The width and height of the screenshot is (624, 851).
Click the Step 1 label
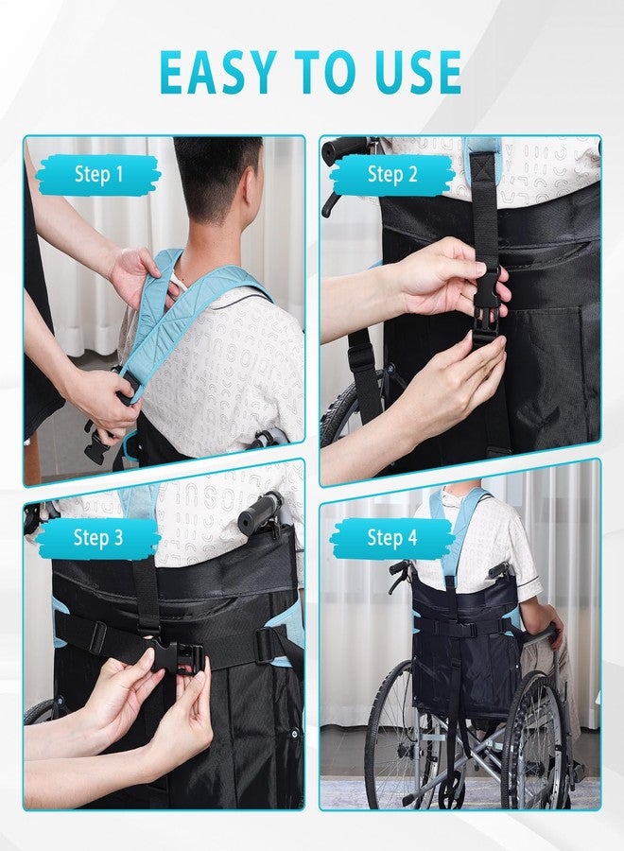coord(98,174)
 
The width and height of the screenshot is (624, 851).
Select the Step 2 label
coord(392,174)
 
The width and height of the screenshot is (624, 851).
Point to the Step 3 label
coord(98,537)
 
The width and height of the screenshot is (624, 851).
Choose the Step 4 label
coord(392,537)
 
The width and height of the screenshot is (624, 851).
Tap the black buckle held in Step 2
coord(487,309)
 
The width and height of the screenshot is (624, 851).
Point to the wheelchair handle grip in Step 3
coord(260,511)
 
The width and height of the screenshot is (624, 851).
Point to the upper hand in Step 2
coord(445,274)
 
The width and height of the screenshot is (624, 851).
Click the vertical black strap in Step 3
coord(146,597)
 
